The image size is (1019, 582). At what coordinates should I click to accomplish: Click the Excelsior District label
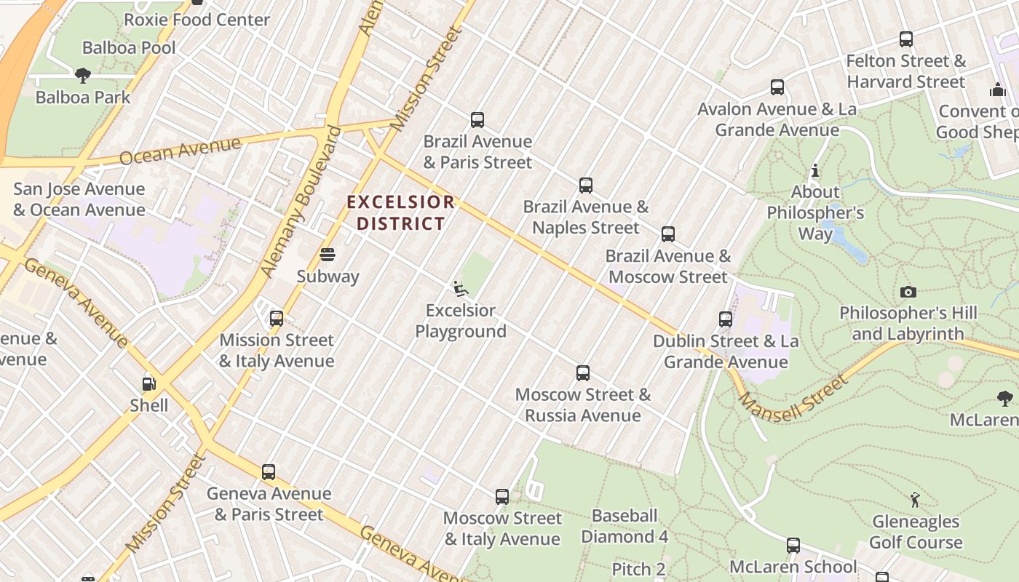[x=400, y=212]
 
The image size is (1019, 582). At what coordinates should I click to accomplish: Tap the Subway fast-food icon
[x=328, y=255]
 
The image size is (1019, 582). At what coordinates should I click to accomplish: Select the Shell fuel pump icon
[x=148, y=384]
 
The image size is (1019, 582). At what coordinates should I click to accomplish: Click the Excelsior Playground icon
[x=460, y=289]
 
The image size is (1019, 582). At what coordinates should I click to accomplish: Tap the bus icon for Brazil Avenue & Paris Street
[x=477, y=120]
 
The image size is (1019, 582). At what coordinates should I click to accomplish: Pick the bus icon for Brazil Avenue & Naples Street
[x=586, y=186]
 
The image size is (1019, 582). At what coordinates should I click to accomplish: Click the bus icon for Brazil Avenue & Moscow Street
[x=668, y=234]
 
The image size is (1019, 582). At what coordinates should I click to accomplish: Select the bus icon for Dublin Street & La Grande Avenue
[x=726, y=319]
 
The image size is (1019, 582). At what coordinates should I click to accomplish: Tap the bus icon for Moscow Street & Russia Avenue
[x=583, y=373]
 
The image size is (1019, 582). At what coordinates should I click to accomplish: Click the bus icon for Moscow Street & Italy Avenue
[x=502, y=497]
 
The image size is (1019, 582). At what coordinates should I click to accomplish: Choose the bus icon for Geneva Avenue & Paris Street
[x=269, y=472]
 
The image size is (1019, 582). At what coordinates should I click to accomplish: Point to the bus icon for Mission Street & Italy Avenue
[x=277, y=319]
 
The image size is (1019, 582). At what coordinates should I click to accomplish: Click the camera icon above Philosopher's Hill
[x=908, y=292]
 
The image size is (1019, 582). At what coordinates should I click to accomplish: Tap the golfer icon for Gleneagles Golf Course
[x=915, y=500]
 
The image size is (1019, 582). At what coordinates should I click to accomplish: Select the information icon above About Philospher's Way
[x=815, y=171]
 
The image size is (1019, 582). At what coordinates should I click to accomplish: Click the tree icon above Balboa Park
[x=83, y=75]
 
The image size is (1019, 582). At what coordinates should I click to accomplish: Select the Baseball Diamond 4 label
[x=625, y=526]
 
